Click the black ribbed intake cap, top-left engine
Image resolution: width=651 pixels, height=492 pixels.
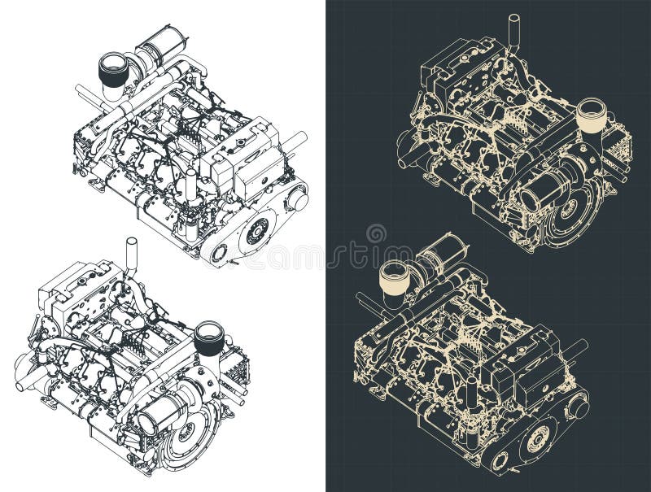point(115,69)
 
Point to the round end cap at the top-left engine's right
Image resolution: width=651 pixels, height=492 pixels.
point(298,198)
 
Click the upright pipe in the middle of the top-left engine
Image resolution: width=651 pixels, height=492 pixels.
point(190,189)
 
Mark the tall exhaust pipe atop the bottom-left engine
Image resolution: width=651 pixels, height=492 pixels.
point(131,255)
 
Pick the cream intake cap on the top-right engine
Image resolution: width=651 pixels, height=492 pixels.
point(591,115)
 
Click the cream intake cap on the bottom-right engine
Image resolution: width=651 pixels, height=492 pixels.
point(395,276)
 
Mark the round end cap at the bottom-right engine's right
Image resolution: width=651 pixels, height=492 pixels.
point(579,405)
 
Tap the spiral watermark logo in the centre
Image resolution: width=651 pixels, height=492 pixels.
point(376,234)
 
